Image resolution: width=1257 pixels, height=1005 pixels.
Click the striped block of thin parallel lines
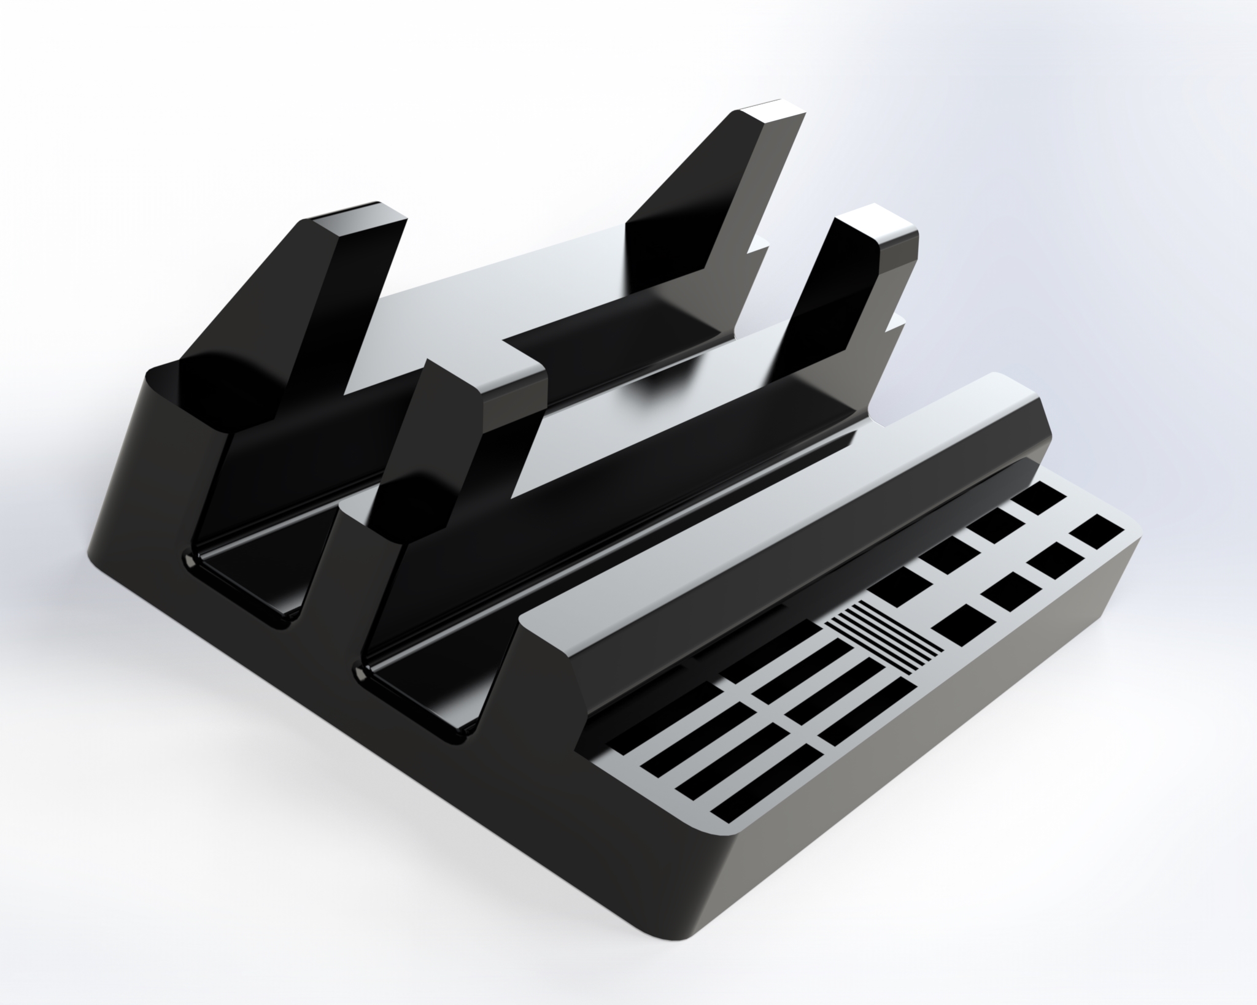point(884,636)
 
